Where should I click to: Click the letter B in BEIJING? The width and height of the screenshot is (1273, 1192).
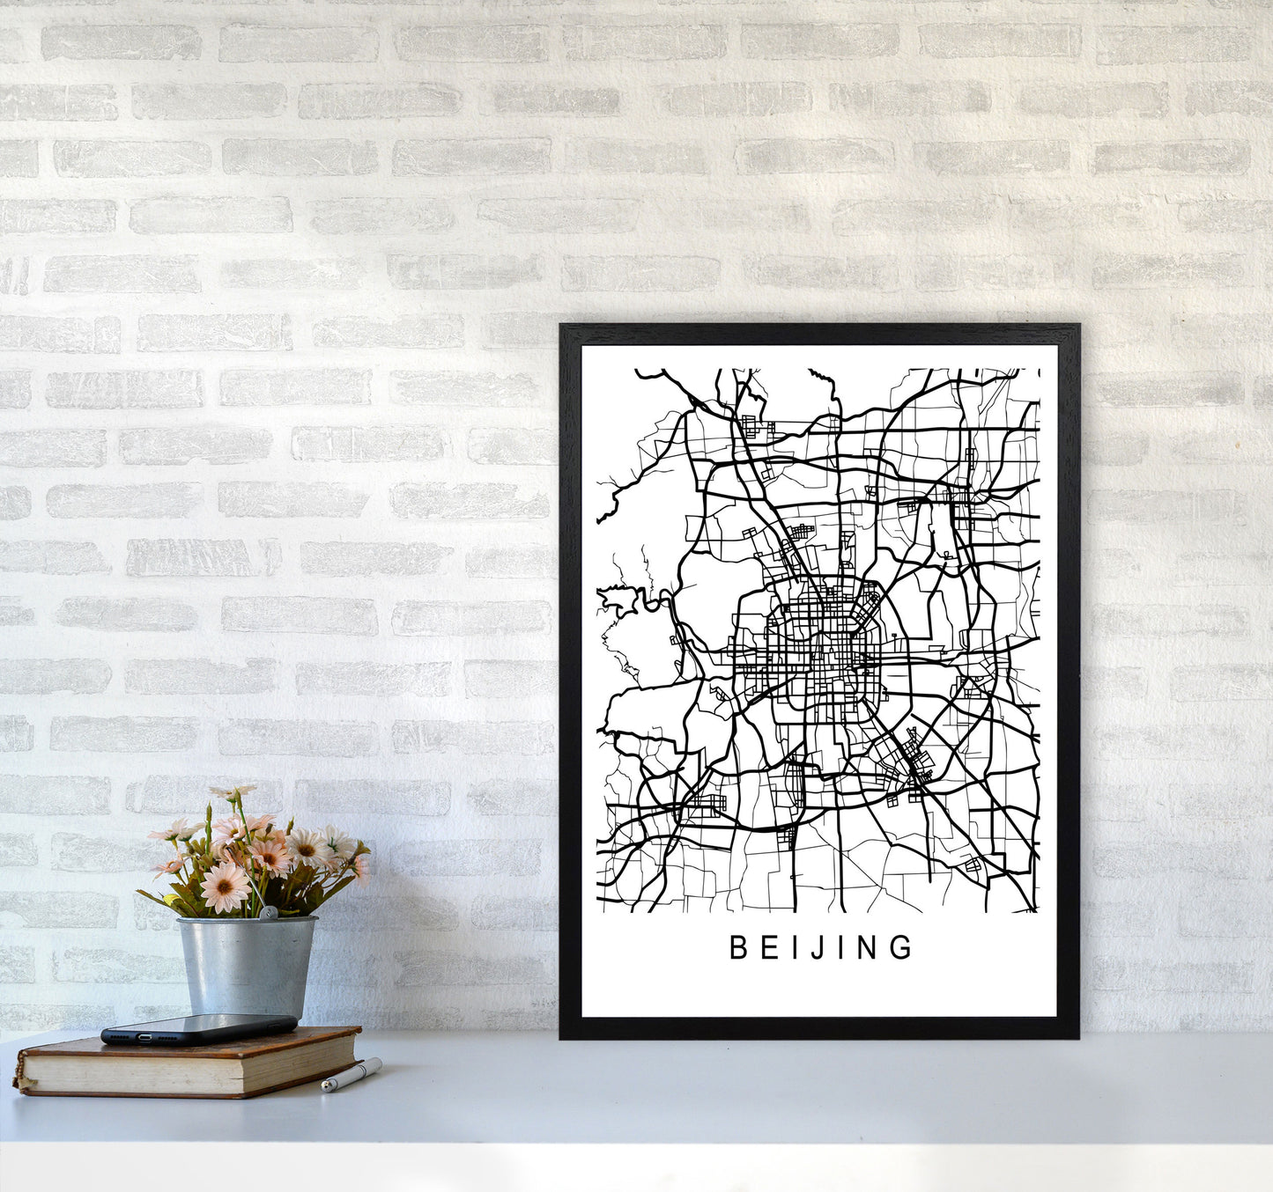(737, 947)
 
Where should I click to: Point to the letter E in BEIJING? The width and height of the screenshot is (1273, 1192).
(767, 947)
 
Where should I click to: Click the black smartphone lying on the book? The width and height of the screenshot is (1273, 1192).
(198, 1028)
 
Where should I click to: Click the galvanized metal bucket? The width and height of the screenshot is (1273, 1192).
(246, 964)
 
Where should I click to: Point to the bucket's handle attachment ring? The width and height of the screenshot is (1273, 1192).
(273, 913)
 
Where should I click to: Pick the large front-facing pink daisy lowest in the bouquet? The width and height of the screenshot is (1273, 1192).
(226, 887)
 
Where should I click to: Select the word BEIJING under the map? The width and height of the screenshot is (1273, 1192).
(820, 947)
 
